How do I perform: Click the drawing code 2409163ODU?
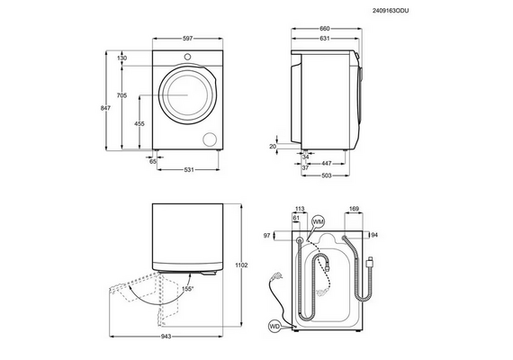(x=391, y=11)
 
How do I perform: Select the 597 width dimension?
(x=187, y=39)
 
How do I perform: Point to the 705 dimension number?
(x=121, y=95)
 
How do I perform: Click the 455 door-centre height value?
(x=139, y=123)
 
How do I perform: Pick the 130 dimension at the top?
(x=121, y=58)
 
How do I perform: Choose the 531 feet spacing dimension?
(x=189, y=169)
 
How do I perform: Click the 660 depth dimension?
(x=324, y=29)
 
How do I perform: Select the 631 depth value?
(x=324, y=39)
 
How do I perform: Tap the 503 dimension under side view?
(x=327, y=175)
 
